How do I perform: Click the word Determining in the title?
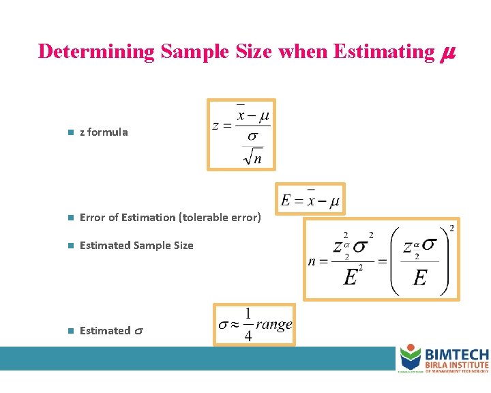[x=96, y=52]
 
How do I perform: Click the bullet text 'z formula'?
[x=104, y=132]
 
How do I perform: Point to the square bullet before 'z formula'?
[x=70, y=133]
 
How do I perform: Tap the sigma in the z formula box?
[x=252, y=137]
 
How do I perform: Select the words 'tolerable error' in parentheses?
[x=220, y=218]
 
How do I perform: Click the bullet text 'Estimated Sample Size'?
[x=136, y=246]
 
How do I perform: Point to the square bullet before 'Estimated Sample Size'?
[x=70, y=246]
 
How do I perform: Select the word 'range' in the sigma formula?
[x=273, y=325]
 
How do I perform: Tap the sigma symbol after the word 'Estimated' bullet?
[x=138, y=331]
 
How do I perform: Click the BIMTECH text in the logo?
[x=456, y=355]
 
